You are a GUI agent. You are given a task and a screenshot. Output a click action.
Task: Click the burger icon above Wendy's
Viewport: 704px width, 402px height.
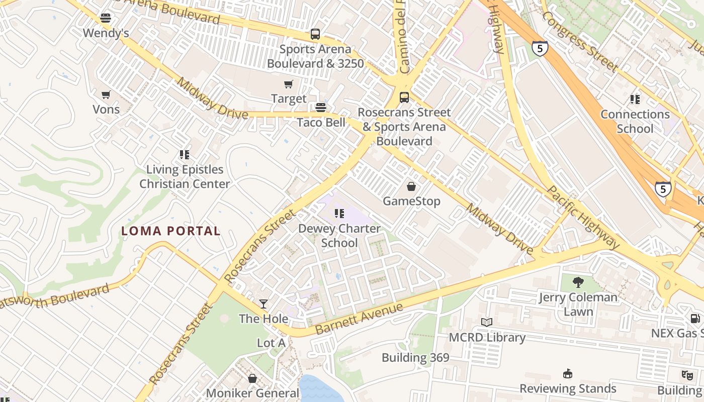[x=106, y=19]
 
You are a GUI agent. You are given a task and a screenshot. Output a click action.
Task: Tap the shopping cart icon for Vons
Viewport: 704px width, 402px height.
[x=106, y=94]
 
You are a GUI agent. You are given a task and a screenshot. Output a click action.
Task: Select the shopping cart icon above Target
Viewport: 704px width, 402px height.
[x=289, y=84]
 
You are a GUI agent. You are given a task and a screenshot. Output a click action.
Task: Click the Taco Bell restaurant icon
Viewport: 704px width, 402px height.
[x=321, y=108]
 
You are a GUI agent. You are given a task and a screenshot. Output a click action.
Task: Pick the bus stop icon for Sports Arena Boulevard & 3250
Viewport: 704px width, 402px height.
[x=315, y=34]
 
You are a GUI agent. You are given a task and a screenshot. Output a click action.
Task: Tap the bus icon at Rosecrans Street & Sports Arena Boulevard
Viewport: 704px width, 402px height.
[x=404, y=97]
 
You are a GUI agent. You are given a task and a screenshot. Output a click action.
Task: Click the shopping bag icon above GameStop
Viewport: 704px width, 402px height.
[x=411, y=186]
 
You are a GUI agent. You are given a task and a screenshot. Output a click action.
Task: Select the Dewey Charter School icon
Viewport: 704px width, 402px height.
[x=339, y=214]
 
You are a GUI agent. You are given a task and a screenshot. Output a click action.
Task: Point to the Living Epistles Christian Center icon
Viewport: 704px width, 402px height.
[x=185, y=155]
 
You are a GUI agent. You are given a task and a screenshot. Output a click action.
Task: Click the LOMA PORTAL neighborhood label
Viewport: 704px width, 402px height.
[x=171, y=231]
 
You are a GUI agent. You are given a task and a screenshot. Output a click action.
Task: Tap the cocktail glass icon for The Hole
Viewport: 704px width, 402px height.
[x=263, y=304]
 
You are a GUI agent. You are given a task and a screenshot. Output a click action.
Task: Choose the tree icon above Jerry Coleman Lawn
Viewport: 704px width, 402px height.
[x=578, y=282]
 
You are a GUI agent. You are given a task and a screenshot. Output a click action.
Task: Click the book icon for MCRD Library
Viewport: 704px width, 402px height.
[x=487, y=322]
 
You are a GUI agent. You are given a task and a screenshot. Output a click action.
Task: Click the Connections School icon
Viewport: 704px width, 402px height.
[x=635, y=99]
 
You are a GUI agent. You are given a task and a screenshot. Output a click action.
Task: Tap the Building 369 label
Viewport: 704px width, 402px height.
[x=415, y=358]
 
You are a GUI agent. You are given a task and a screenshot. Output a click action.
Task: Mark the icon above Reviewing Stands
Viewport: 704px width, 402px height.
[x=568, y=373]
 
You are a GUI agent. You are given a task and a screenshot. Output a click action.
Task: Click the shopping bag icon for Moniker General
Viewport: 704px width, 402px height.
[x=252, y=378]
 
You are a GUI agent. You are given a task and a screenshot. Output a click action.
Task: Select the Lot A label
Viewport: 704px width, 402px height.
[x=271, y=343]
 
